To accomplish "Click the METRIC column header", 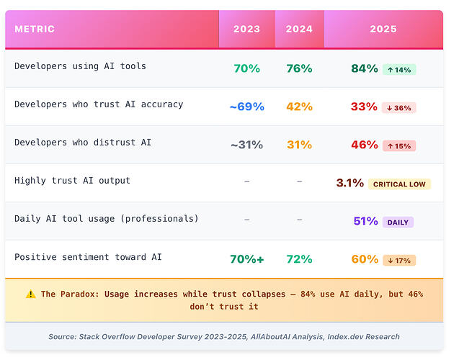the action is (x=35, y=29).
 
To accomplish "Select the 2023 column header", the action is (x=246, y=29).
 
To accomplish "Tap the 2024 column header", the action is (x=299, y=29).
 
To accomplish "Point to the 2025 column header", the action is (x=383, y=29).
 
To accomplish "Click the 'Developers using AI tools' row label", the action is (x=80, y=66).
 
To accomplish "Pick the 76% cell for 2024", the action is (x=299, y=68).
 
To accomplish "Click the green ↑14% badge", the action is (x=399, y=70).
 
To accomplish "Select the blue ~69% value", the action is (x=246, y=107).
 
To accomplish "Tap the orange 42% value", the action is (x=299, y=107).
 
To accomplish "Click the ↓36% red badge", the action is (x=398, y=108).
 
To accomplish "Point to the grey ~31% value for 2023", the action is (x=246, y=145).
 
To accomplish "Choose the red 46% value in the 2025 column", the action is (x=365, y=145).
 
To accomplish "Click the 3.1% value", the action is (x=349, y=183).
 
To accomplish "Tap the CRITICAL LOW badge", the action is (x=399, y=184).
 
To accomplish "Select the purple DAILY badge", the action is (x=398, y=222).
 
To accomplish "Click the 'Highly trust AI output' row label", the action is (x=72, y=181).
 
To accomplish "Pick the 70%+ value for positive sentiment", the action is (x=246, y=259).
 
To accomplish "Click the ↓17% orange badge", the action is (x=399, y=260).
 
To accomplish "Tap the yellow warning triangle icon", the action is (x=31, y=294).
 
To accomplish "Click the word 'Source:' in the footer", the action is (x=63, y=337).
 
